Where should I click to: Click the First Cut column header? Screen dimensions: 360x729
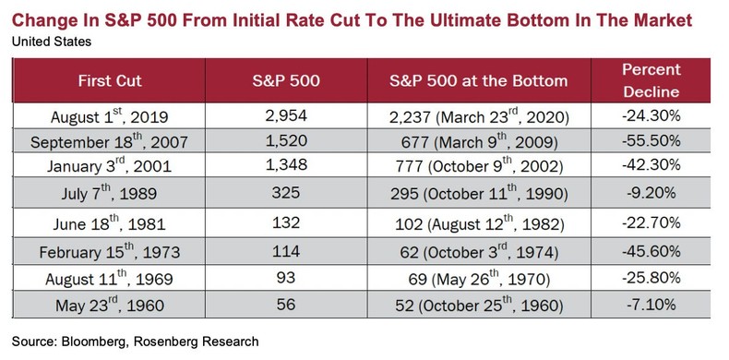point(113,81)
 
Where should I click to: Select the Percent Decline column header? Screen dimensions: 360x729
point(651,81)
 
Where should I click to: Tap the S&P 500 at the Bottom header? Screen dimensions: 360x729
point(474,81)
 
